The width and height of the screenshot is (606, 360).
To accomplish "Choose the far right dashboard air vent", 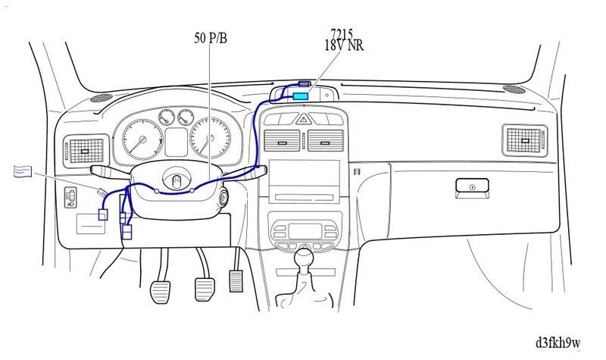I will [523, 138].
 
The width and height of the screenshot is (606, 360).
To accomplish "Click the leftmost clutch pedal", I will [164, 290].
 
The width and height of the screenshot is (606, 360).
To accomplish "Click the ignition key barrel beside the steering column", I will [225, 199].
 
